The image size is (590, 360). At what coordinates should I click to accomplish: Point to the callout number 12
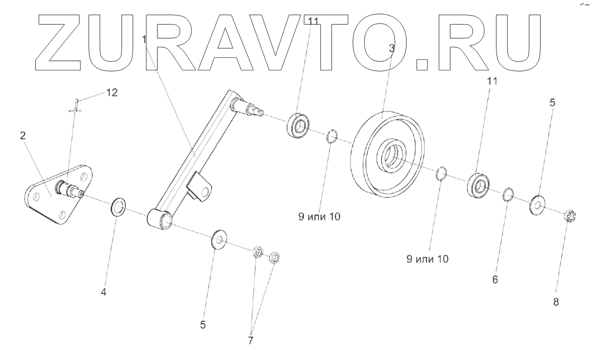[x=112, y=93]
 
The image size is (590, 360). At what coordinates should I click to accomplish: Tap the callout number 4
[x=104, y=291]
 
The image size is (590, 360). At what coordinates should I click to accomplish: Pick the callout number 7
[x=250, y=340]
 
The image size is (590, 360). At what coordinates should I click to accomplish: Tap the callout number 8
[x=556, y=303]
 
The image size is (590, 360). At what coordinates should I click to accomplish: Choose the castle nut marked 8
[x=570, y=217]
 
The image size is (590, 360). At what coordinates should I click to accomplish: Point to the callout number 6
[x=495, y=280]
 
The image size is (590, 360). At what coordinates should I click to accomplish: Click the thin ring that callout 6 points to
[x=509, y=194]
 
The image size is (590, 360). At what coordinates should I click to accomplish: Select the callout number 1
[x=144, y=39]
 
